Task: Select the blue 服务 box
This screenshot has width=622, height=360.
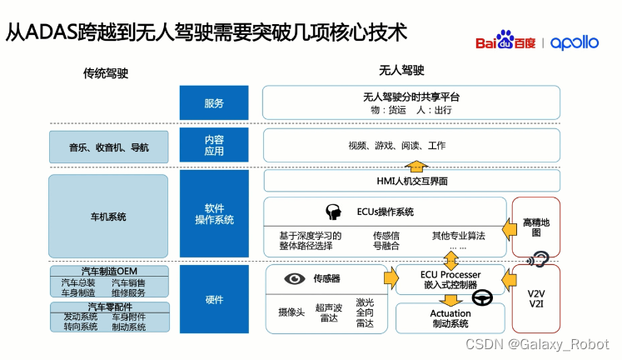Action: tap(213, 103)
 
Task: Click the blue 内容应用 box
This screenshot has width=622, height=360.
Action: tap(213, 146)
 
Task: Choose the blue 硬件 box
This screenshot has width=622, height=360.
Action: tap(213, 299)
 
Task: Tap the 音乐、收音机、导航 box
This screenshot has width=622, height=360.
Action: tap(108, 147)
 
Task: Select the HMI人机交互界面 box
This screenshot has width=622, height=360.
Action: tap(384, 181)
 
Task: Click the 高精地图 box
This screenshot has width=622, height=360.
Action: tap(535, 227)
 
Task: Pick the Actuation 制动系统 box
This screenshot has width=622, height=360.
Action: tap(450, 319)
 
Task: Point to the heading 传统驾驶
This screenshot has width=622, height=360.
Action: tap(105, 73)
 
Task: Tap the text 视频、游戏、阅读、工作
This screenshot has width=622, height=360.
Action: tap(397, 146)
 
